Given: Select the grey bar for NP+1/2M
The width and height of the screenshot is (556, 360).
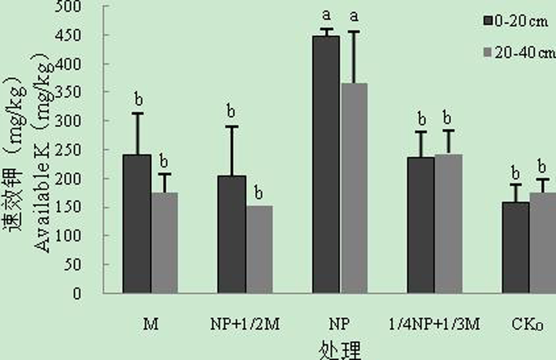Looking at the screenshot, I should click(258, 249).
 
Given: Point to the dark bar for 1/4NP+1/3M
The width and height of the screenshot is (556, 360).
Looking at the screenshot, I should click(421, 225).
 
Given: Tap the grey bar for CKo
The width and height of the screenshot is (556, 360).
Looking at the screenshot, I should click(542, 243).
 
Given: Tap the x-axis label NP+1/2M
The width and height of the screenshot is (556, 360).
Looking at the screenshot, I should click(245, 324).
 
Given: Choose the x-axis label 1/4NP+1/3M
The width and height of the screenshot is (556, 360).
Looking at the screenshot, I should click(434, 324).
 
